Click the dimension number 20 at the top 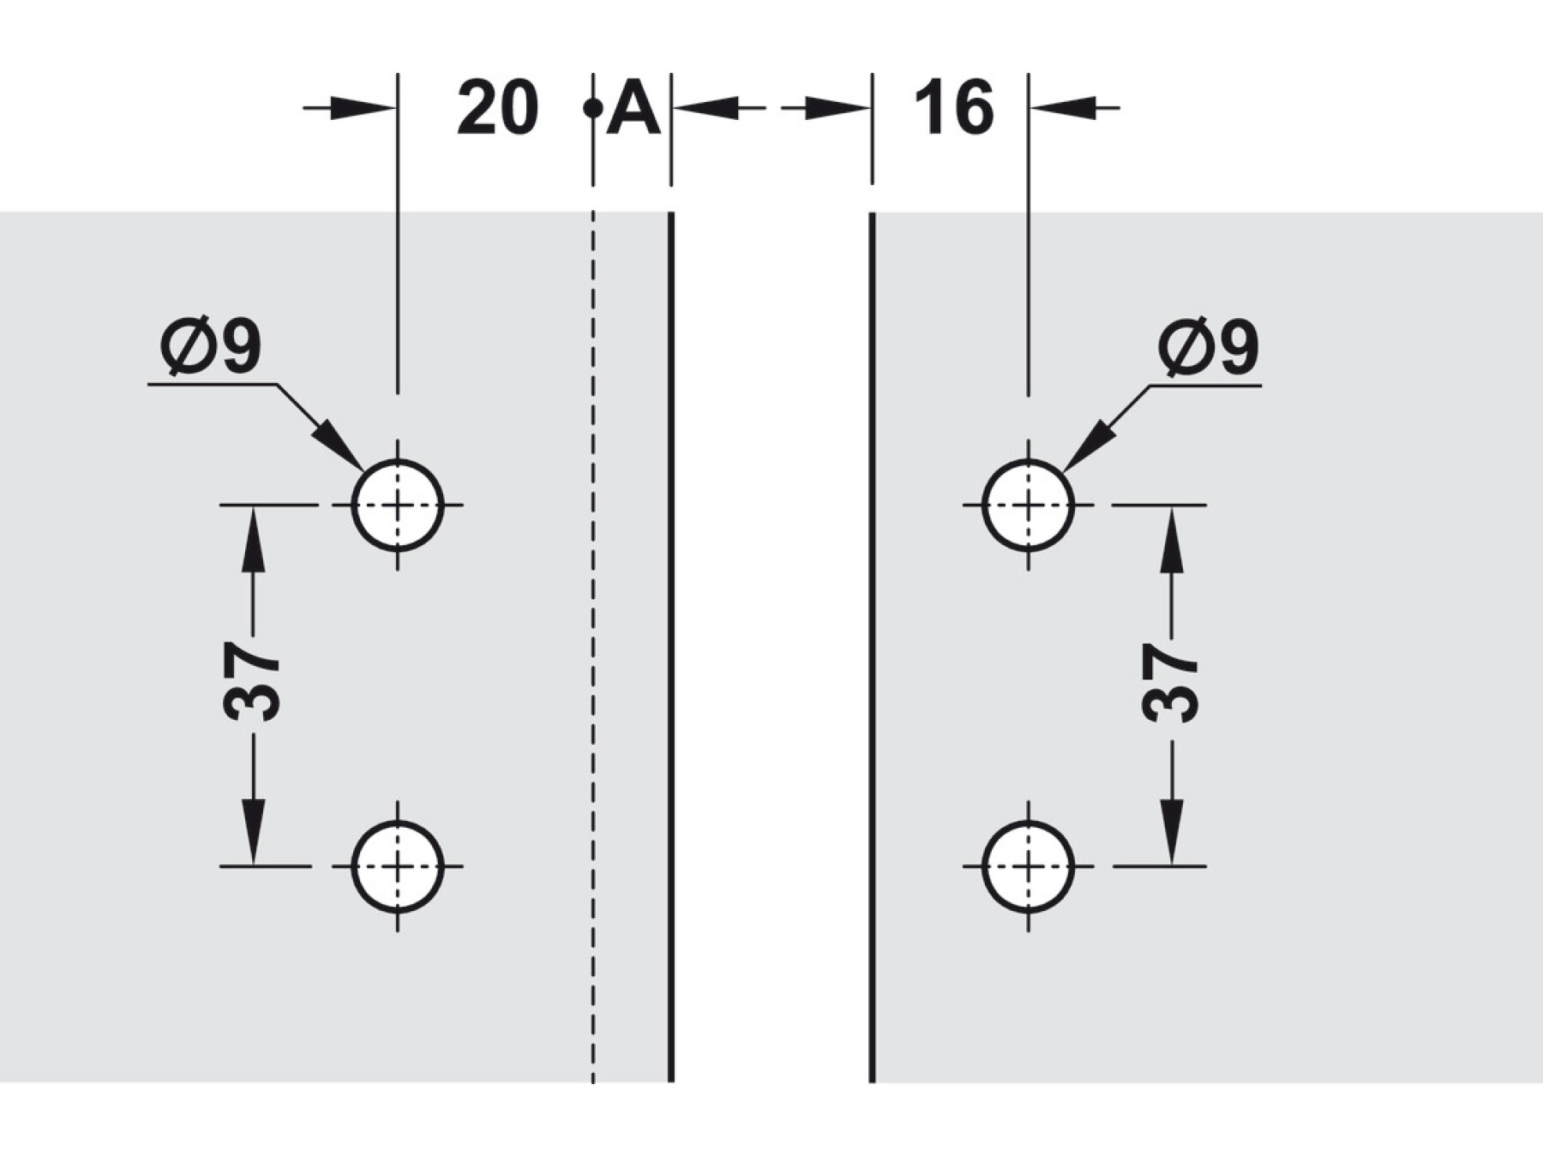click(x=497, y=108)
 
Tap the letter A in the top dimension click(x=633, y=109)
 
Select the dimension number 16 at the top click(x=953, y=108)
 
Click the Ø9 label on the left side click(x=211, y=347)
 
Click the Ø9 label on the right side click(x=1208, y=347)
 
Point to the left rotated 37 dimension click(x=251, y=682)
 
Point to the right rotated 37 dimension click(x=1171, y=682)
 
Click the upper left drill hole click(x=398, y=505)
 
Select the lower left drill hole click(x=398, y=866)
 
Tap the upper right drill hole click(x=1028, y=505)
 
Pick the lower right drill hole click(x=1028, y=866)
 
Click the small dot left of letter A click(x=591, y=109)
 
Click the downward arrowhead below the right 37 click(x=1172, y=831)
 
